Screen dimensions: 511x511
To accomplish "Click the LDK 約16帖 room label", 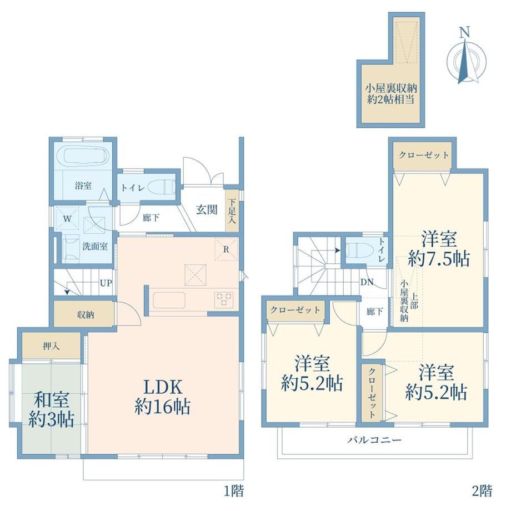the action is point(162,397).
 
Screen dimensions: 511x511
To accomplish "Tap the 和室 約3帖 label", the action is point(52,410).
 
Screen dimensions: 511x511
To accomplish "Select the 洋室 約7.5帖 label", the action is point(439,249).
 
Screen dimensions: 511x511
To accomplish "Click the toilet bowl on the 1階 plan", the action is point(161,188).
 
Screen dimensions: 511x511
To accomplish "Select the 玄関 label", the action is point(207,209).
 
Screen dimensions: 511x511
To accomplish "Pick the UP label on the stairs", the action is point(106,283).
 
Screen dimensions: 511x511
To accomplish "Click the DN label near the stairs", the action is point(367,282).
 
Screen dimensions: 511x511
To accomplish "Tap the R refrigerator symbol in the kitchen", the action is point(226,249).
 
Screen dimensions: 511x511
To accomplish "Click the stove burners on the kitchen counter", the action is point(223,299).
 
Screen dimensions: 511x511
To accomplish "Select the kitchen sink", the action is point(169,300).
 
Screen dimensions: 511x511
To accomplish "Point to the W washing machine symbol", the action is point(67,218).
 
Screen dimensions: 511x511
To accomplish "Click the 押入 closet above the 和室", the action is point(51,346).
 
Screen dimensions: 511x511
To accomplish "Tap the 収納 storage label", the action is point(86,315).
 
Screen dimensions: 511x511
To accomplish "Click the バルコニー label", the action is point(374,440).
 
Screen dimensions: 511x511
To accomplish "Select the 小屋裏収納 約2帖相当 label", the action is point(390,93).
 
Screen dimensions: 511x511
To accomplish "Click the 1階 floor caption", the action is point(234,490).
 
